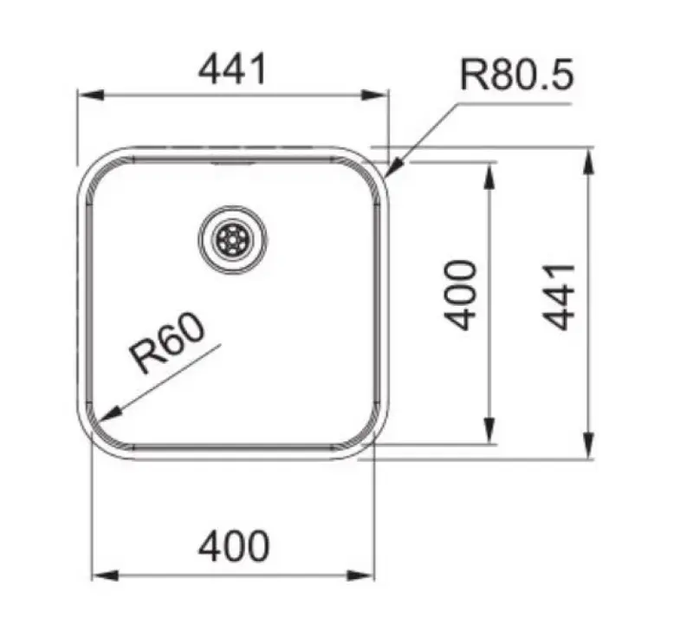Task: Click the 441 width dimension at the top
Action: pos(232,69)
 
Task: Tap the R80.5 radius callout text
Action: pos(516,75)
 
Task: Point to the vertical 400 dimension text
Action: pos(461,295)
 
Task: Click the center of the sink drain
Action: pos(232,238)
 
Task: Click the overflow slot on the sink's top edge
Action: pos(232,160)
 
